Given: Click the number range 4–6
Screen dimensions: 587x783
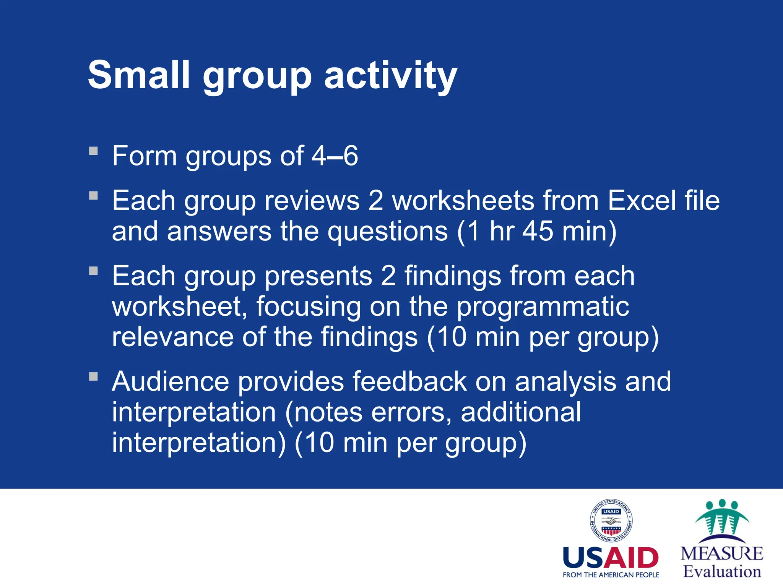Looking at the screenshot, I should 335,156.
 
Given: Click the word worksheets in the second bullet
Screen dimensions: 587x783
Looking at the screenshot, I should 463,201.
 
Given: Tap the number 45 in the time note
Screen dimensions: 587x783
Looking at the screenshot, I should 538,231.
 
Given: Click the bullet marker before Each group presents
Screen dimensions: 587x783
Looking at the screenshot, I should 93,271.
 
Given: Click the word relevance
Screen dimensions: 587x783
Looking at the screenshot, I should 172,337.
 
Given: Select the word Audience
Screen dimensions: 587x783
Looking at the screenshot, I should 170,381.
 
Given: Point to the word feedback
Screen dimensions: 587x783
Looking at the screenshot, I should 409,381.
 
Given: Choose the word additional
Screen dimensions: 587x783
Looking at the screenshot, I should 521,412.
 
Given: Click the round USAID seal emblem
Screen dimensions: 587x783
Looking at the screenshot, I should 611,521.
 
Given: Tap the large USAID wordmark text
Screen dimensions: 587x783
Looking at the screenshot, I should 611,558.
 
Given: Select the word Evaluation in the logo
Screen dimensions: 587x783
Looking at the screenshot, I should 722,572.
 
